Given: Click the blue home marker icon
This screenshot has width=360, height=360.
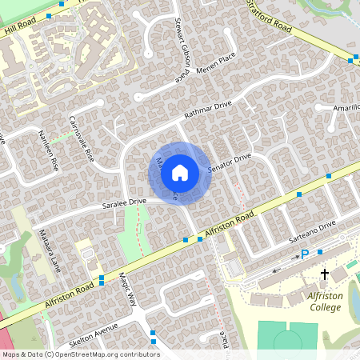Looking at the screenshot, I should (x=180, y=172).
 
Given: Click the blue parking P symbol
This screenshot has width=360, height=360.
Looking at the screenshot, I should (x=304, y=255).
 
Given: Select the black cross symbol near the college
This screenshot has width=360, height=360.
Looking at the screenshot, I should (x=324, y=274).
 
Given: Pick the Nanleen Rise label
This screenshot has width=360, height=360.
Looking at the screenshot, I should (x=49, y=154).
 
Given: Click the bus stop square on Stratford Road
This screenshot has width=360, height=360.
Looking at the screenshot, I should (x=353, y=58).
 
